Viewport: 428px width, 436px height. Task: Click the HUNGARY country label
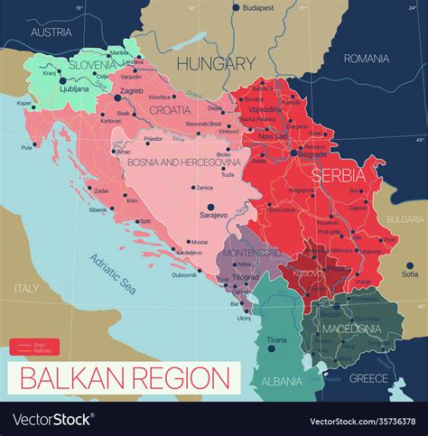click(216, 63)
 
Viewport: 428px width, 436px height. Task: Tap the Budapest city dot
click(237, 8)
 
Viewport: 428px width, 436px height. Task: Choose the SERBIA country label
click(338, 173)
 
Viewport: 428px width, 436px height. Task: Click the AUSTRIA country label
click(51, 32)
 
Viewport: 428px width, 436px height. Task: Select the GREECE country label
click(368, 378)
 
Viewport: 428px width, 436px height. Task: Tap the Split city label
click(145, 220)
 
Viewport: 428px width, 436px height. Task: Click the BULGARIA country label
click(404, 219)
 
